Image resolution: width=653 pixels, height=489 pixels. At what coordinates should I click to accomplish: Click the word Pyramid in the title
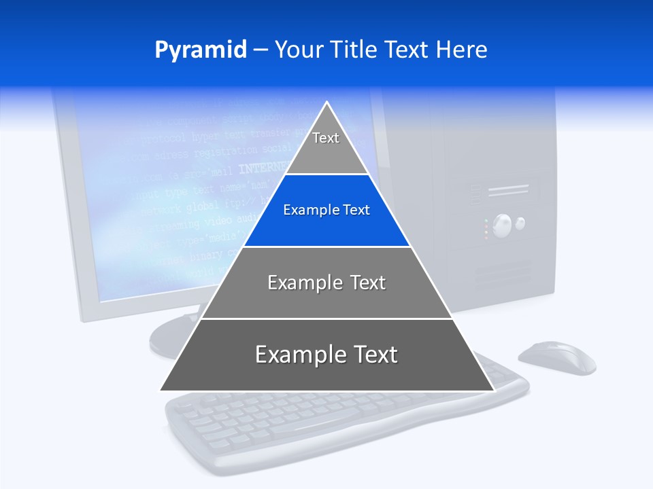click(200, 50)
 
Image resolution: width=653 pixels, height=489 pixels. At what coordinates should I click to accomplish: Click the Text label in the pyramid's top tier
click(326, 138)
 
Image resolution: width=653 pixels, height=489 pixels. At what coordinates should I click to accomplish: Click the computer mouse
click(558, 357)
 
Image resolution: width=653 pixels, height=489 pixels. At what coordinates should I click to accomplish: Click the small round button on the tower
click(520, 222)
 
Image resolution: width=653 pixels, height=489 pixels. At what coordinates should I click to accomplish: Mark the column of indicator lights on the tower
click(486, 229)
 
